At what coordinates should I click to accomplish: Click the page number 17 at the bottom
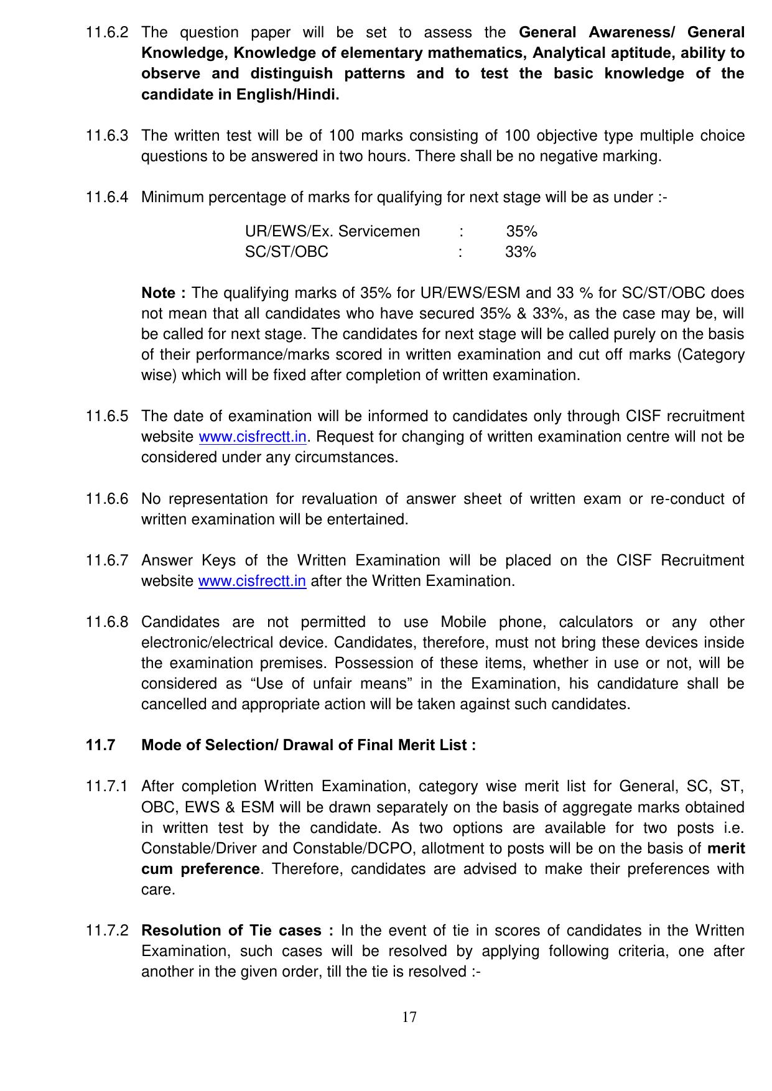(x=409, y=1017)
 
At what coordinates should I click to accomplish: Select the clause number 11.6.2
(x=107, y=32)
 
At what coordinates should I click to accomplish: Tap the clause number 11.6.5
(x=107, y=416)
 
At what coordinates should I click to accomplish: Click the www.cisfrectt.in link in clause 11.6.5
(x=253, y=437)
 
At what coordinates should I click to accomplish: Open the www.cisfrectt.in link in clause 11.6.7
(x=252, y=581)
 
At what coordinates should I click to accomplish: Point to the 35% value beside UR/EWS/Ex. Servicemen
(x=521, y=231)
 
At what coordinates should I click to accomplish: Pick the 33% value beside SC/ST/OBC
(x=521, y=252)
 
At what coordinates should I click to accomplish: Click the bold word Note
(x=160, y=293)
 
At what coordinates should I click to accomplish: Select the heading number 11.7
(x=100, y=745)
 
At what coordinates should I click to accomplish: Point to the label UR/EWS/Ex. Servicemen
(x=332, y=231)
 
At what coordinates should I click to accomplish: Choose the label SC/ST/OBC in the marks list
(x=287, y=252)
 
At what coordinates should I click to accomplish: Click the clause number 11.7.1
(x=107, y=786)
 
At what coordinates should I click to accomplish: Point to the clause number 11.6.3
(x=107, y=136)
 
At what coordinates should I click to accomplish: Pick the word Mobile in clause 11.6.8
(x=463, y=622)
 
